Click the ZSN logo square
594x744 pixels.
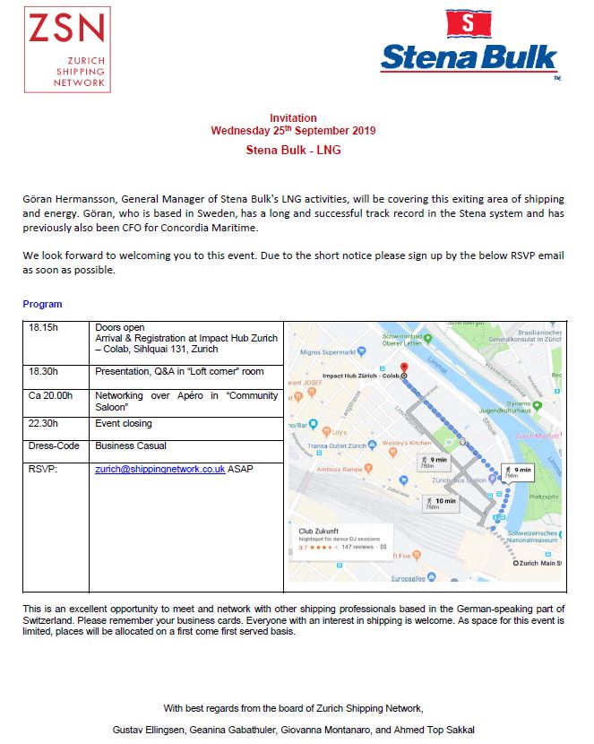[x=68, y=49]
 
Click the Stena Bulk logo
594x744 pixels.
[x=469, y=45]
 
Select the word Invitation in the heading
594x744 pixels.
[x=293, y=118]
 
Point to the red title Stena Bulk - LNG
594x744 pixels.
[x=293, y=150]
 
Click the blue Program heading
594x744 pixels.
[x=42, y=305]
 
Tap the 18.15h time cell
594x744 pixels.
[x=44, y=327]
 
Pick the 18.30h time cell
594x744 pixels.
[x=44, y=371]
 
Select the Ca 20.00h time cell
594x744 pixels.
[x=50, y=395]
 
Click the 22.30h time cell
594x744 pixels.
[x=44, y=423]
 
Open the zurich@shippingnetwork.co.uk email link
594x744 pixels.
[x=159, y=469]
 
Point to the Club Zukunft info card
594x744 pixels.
[x=344, y=538]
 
